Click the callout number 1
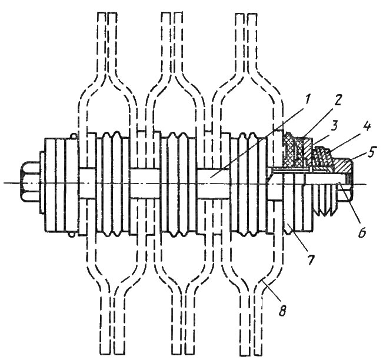[x=307, y=99]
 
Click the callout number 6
[x=362, y=231]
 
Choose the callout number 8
[x=282, y=310]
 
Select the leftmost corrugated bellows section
[x=113, y=184]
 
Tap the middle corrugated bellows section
[x=180, y=184]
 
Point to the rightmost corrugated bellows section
[x=248, y=184]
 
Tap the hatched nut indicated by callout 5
[x=344, y=166]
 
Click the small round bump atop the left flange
[x=74, y=135]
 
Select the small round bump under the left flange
[x=71, y=234]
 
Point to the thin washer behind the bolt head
[x=42, y=182]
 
